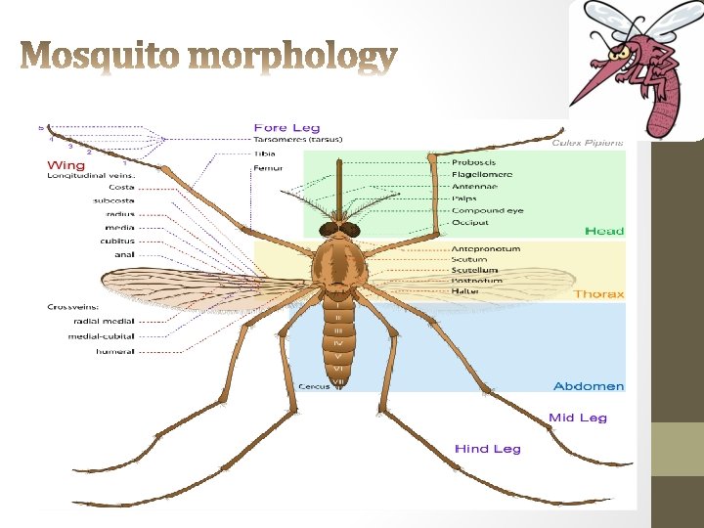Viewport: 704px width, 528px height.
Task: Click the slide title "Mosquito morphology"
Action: click(x=209, y=58)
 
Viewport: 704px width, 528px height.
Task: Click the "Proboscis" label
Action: click(x=473, y=161)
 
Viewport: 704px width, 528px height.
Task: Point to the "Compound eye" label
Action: click(x=487, y=210)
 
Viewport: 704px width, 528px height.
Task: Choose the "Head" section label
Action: click(x=603, y=231)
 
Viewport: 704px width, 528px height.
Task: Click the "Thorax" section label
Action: click(x=598, y=294)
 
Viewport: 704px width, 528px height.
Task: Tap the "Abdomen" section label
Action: click(x=588, y=386)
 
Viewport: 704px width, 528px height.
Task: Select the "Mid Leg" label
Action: click(x=577, y=418)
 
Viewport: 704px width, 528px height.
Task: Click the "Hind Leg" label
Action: click(x=487, y=449)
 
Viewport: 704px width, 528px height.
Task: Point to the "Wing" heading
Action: click(x=66, y=165)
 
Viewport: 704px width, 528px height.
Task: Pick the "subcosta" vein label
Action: click(x=113, y=200)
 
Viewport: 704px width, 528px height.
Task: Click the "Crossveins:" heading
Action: click(x=72, y=307)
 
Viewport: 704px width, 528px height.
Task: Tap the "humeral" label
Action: click(x=115, y=351)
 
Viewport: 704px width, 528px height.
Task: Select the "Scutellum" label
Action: click(x=474, y=270)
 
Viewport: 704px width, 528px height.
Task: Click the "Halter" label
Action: click(x=464, y=291)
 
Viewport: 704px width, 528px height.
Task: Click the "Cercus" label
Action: click(x=312, y=386)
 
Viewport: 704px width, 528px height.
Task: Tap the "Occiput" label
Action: click(x=469, y=223)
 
